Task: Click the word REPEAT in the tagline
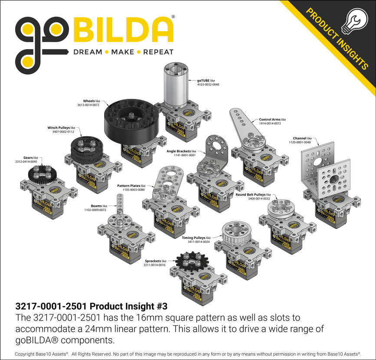pyautogui.click(x=158, y=52)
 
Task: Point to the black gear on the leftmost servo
pyautogui.click(x=41, y=175)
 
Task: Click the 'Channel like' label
pyautogui.click(x=302, y=138)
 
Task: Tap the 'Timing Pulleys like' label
pyautogui.click(x=196, y=238)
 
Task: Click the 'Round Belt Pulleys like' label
pyautogui.click(x=253, y=195)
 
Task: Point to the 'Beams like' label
pyautogui.click(x=98, y=206)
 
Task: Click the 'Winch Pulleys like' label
pyautogui.click(x=61, y=128)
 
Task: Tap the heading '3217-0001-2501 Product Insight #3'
pyautogui.click(x=91, y=305)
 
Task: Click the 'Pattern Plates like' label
pyautogui.click(x=131, y=186)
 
